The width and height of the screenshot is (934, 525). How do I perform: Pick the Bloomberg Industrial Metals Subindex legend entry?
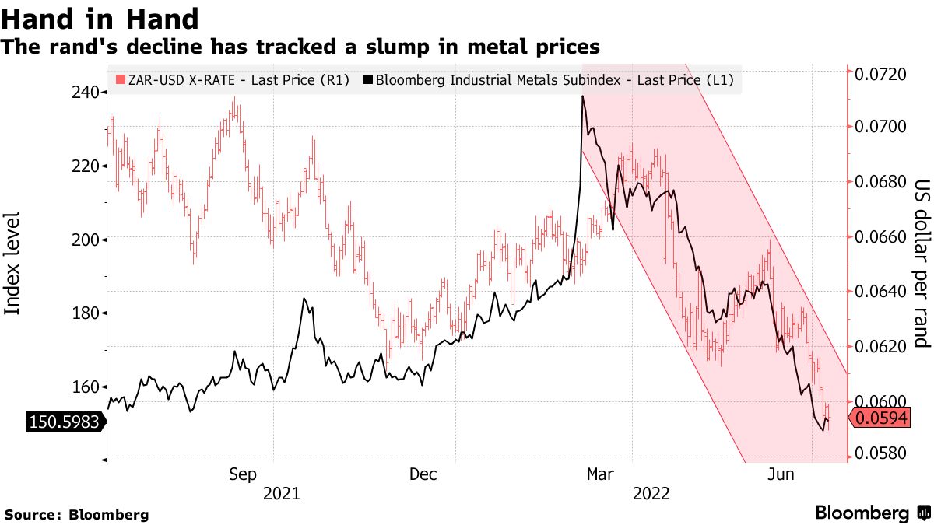(553, 79)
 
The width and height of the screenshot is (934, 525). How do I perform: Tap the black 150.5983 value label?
(64, 422)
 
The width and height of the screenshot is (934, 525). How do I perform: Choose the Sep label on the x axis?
(244, 474)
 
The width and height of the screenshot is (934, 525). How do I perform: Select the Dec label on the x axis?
(423, 474)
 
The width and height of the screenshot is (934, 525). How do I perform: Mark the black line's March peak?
(582, 97)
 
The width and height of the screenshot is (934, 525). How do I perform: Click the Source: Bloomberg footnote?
(76, 515)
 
